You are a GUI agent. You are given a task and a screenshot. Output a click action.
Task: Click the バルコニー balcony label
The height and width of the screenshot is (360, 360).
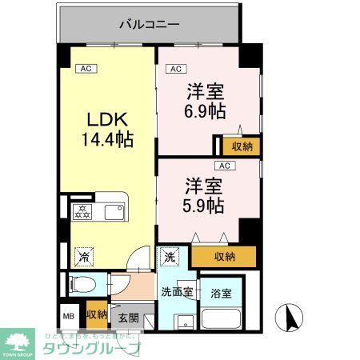[x=150, y=23]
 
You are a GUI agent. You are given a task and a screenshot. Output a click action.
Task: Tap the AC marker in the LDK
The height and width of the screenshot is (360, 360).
[x=85, y=70]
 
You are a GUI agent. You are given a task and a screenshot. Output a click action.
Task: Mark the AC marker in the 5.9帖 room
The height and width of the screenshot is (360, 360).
[x=225, y=166]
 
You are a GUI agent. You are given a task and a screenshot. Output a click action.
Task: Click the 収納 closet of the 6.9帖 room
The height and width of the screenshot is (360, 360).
[x=242, y=146]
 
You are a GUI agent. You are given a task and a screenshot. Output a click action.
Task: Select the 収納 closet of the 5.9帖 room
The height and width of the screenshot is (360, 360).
[x=225, y=257]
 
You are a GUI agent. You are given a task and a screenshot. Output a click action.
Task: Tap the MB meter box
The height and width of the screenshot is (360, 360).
[x=69, y=315]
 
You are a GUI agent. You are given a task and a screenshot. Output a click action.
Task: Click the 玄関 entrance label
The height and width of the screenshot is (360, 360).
[x=129, y=318]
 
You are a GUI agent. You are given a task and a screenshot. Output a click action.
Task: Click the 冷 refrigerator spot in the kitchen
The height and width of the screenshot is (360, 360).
[x=83, y=258]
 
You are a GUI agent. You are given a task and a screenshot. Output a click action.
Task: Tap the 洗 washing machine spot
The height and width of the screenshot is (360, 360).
[x=170, y=257]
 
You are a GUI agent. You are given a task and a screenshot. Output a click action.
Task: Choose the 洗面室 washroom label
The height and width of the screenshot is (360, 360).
[x=177, y=292]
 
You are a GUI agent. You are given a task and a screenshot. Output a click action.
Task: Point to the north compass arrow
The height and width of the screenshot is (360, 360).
[x=290, y=318]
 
